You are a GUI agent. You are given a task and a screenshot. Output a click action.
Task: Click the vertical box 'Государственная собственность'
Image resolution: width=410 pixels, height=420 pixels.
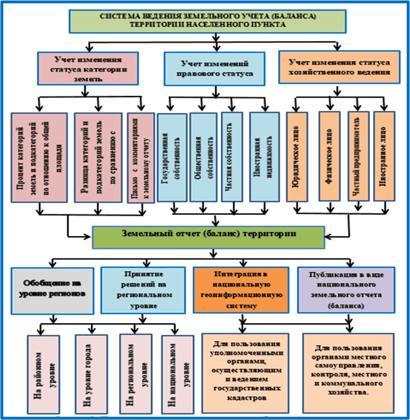coord(171,157)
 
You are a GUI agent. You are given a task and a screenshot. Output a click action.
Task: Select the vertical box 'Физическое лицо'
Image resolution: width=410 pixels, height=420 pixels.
coord(329,157)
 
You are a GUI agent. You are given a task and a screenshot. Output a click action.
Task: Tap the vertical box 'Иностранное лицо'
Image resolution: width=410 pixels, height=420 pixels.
coord(384,157)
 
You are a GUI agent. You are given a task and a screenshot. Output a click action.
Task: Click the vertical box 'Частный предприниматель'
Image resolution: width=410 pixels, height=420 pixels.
coord(358,157)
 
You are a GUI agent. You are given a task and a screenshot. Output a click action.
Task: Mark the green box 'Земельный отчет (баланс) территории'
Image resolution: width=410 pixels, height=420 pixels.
coord(209,237)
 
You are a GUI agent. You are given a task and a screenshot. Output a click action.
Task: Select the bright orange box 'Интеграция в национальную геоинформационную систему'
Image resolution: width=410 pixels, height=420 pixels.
coord(241,289)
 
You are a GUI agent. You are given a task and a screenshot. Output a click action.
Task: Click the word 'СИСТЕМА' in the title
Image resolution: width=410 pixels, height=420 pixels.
coord(117,16)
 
